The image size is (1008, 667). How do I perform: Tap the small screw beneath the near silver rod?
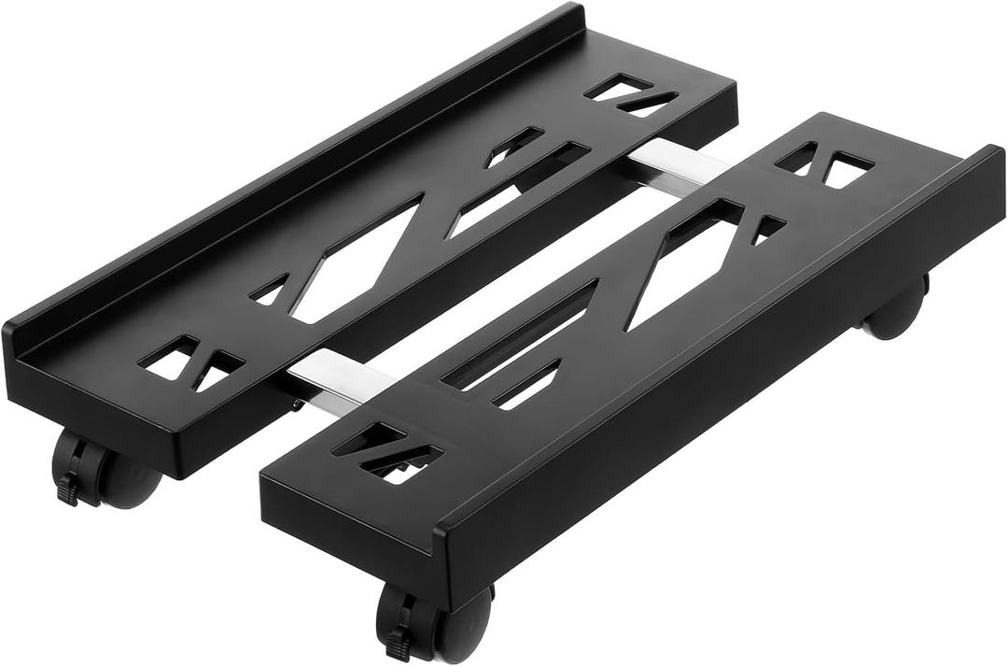(x=297, y=405)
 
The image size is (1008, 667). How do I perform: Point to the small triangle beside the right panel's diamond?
(x=767, y=228)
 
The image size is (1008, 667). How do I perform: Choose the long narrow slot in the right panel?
(x=523, y=332)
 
